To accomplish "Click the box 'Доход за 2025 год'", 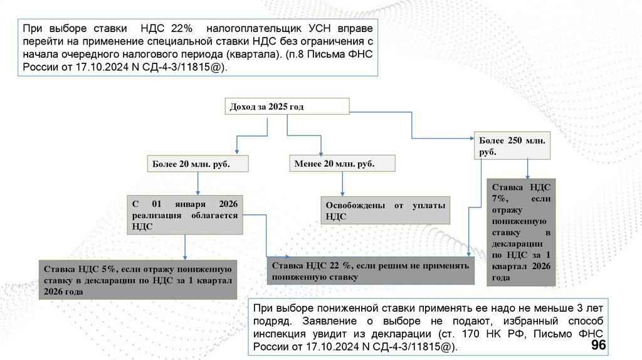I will coord(287,107).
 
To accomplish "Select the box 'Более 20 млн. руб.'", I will coord(198,164).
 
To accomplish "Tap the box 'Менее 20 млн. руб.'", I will coord(342,164).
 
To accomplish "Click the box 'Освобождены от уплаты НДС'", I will coord(386,211).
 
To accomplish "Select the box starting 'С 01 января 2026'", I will coord(185,216).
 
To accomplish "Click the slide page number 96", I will coord(598,346).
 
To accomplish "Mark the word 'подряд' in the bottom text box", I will coord(268,320).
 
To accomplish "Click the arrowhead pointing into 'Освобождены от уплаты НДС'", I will coord(342,194).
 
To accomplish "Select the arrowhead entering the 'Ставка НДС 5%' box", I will coord(184,257).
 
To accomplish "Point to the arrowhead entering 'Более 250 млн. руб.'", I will coord(472,137).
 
